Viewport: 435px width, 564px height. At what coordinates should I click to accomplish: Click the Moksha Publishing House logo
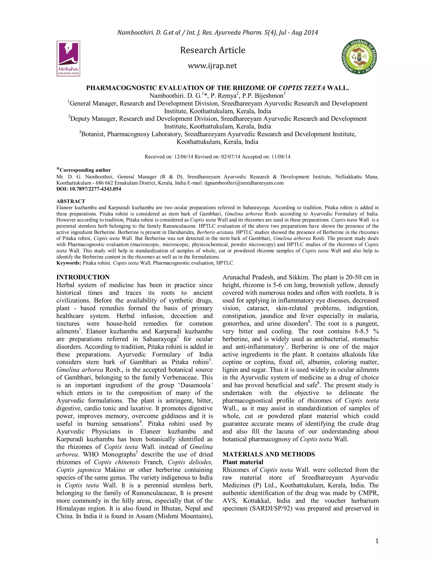click(68, 58)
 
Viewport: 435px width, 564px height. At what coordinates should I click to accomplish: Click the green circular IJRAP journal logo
click(359, 57)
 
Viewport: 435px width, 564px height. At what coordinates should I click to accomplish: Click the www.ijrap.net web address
click(212, 66)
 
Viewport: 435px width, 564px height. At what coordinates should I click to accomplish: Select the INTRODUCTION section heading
click(83, 277)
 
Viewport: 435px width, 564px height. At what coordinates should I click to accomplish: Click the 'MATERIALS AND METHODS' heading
click(268, 454)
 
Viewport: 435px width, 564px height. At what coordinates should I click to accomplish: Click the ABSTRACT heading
click(71, 201)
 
